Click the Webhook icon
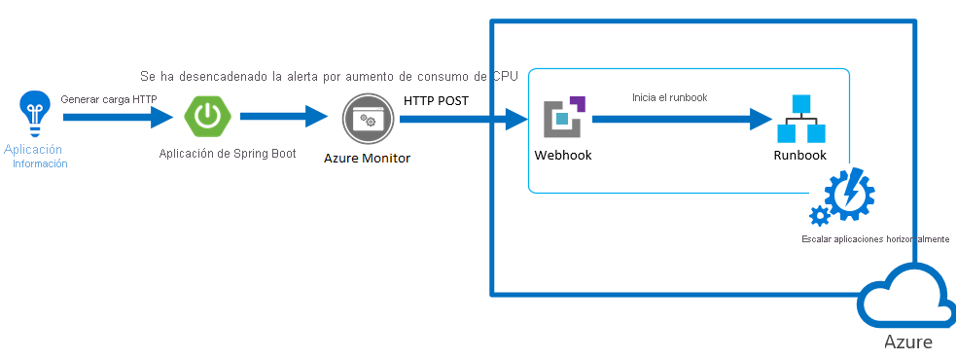coord(564,117)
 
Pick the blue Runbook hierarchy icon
coord(800,119)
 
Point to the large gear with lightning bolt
coord(849,193)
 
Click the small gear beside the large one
coord(819,216)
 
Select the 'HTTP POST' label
coord(436,100)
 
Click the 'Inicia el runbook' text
coord(669,97)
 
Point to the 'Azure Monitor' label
coord(367,158)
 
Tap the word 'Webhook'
coord(563,155)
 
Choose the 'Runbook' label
coord(799,155)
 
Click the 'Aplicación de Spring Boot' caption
coord(227,154)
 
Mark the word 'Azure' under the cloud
coord(908,342)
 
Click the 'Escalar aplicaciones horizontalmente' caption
coord(875,239)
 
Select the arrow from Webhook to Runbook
coord(683,119)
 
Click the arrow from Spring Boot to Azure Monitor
coord(284,116)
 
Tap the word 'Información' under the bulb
coord(40,163)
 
